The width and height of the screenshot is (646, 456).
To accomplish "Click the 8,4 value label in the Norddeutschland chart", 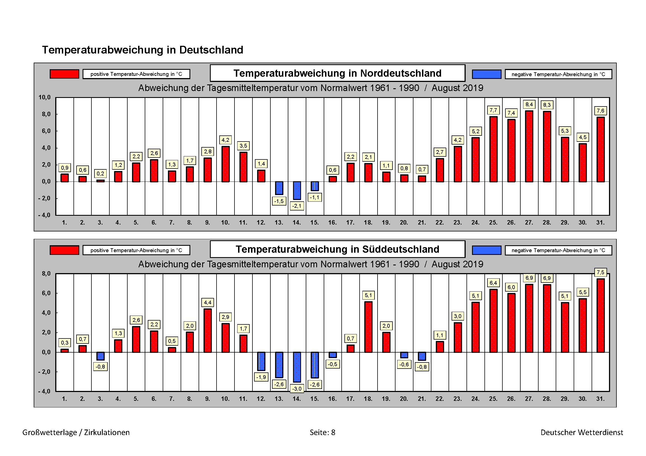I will (529, 105).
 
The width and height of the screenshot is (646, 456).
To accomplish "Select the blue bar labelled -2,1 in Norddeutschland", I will (297, 191).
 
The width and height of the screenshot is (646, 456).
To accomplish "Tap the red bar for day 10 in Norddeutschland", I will (225, 164).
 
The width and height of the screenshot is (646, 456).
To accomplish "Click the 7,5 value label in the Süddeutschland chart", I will (600, 272).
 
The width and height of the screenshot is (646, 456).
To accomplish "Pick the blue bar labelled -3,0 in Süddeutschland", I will (297, 367).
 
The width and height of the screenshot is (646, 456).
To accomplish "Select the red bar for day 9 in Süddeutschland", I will (208, 330).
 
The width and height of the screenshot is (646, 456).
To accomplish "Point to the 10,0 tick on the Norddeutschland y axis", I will (44, 97).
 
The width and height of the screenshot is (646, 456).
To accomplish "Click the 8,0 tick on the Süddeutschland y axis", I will (46, 274).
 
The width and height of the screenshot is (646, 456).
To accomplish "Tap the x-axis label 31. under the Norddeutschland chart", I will (600, 223).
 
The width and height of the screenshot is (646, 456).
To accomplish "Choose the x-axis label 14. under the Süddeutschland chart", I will (297, 399).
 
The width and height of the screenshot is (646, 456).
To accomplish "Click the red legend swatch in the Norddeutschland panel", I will (64, 74).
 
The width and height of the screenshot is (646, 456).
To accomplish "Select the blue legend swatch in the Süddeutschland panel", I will (486, 250).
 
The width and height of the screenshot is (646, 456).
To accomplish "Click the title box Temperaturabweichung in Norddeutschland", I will (337, 73).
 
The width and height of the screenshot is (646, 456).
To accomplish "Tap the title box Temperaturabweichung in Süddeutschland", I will (337, 249).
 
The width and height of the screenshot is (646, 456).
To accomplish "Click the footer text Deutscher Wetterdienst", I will (582, 432).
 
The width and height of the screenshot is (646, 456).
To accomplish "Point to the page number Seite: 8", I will (322, 432).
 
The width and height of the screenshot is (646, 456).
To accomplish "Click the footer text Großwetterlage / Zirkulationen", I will (76, 432).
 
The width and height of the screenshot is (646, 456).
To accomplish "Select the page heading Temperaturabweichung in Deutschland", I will (143, 50).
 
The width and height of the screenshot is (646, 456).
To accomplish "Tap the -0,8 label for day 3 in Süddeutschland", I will (100, 367).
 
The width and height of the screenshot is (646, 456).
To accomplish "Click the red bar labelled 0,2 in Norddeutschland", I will (101, 181).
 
